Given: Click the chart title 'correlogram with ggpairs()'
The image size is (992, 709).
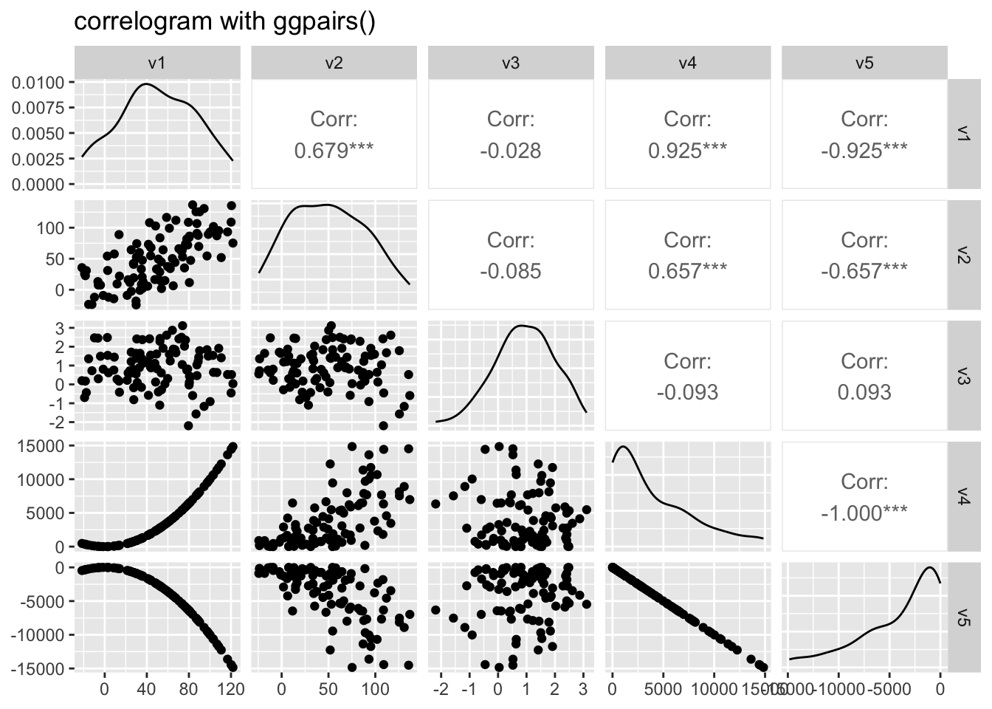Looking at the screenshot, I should point(225,22).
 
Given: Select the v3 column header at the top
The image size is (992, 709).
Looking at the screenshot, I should point(510,63).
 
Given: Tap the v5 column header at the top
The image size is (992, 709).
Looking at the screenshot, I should point(864,63).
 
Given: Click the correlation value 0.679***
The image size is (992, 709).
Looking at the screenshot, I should point(334,151).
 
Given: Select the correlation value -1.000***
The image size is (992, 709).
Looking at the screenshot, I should point(864,513).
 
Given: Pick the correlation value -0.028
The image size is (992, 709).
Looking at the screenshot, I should point(510,151).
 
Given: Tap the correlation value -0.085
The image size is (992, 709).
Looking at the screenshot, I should point(510,271).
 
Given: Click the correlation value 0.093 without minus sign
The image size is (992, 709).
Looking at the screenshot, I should point(864,392).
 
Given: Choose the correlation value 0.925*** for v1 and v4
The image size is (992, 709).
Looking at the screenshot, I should point(687,151).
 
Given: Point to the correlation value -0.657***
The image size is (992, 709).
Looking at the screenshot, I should point(864,271).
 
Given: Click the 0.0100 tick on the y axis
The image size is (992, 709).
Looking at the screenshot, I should point(38,82).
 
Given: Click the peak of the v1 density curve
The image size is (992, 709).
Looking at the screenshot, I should point(145,84).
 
